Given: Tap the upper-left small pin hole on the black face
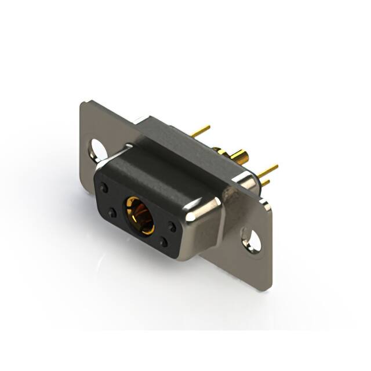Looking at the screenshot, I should tap(104, 188).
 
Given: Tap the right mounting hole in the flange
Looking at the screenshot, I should tap(251, 239).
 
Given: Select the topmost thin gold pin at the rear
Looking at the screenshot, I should tap(201, 132).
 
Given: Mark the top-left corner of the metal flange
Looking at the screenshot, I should tap(83, 103).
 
